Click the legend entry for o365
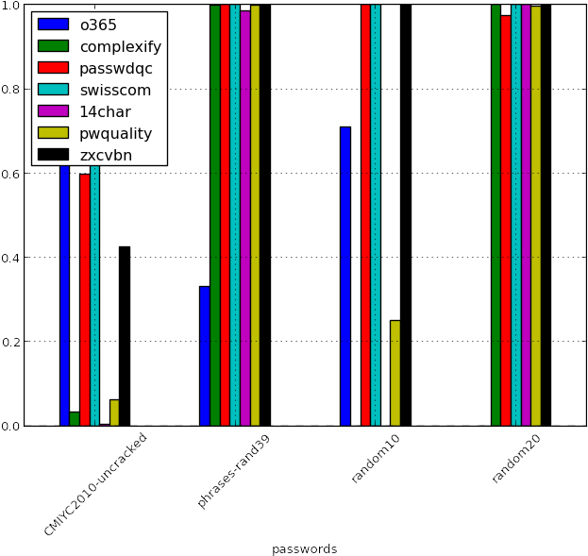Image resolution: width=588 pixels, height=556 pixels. [x=99, y=25]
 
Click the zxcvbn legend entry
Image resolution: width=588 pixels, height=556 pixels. [x=107, y=155]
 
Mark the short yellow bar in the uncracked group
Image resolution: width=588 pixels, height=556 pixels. [x=114, y=413]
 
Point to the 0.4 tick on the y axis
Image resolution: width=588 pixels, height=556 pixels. [x=10, y=258]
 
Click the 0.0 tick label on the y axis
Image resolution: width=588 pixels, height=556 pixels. [x=10, y=426]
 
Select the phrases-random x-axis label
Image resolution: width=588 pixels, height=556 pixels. [x=234, y=470]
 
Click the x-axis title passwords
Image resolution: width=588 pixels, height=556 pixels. [x=305, y=548]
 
